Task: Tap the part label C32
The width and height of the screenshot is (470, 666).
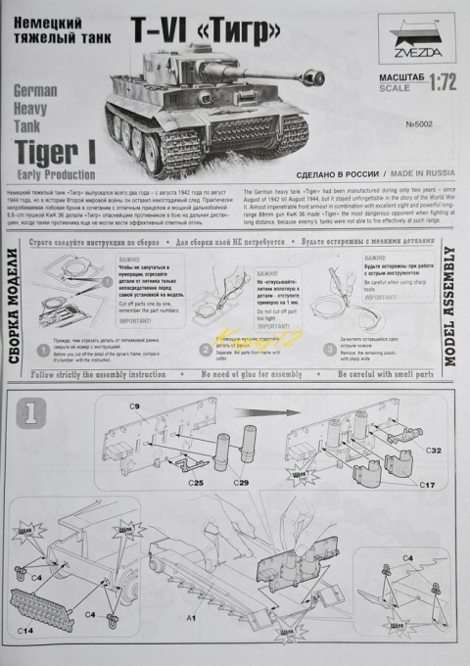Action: tap(436, 452)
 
